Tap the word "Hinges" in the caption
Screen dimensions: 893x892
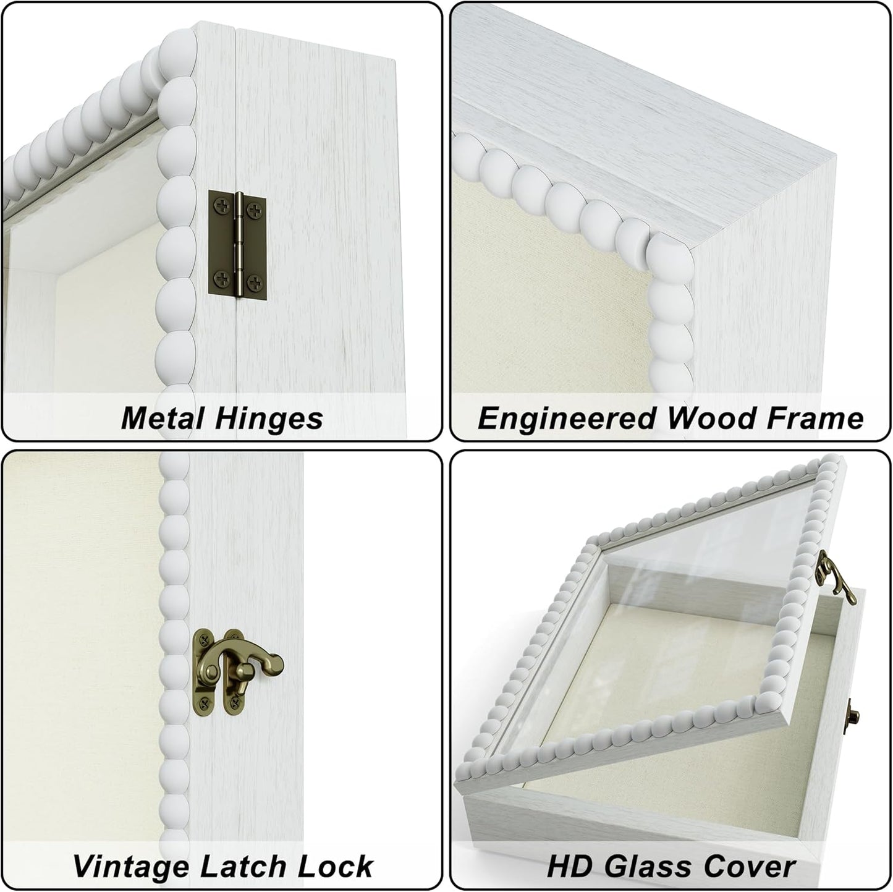pyautogui.click(x=269, y=418)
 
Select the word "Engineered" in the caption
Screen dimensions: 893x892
pyautogui.click(x=565, y=418)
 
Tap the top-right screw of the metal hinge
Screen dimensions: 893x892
pyautogui.click(x=254, y=211)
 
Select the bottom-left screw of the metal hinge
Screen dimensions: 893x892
pyautogui.click(x=221, y=278)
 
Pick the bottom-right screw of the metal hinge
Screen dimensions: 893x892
pyautogui.click(x=254, y=282)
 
